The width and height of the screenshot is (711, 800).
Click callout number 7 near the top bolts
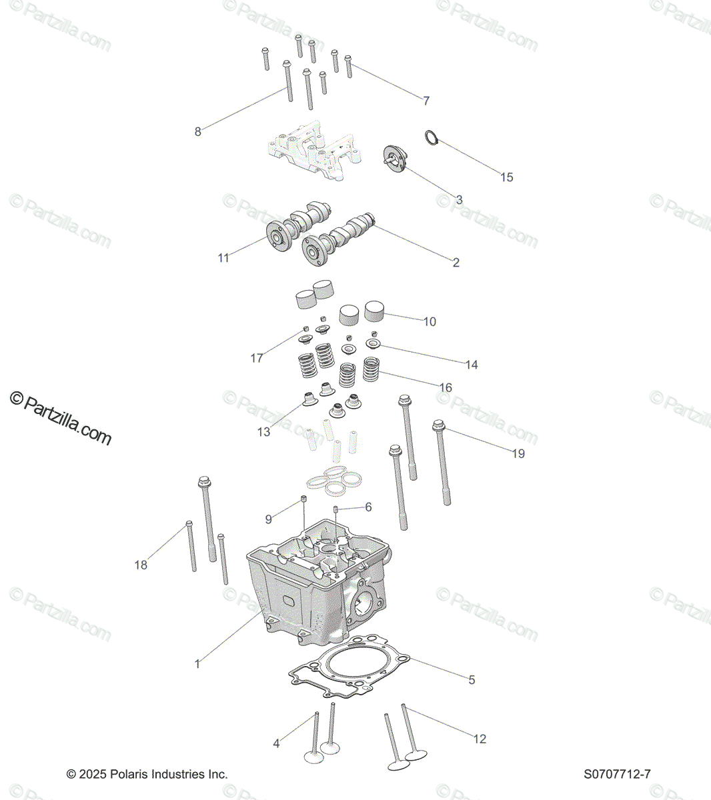426,101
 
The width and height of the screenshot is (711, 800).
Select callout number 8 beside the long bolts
197,131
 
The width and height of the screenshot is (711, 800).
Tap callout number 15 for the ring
507,177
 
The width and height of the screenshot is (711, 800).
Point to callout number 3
459,199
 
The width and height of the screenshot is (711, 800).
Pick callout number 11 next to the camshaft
223,257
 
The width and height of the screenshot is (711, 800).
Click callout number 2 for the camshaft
456,262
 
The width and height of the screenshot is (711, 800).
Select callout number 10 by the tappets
430,321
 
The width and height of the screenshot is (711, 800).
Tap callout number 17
257,358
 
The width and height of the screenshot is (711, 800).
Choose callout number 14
472,365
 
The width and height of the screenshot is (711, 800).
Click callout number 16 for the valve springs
446,387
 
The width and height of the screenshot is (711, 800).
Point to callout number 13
264,431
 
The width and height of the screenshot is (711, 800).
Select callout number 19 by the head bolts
518,453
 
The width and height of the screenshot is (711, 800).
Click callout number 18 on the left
141,565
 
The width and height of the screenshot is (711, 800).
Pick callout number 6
368,507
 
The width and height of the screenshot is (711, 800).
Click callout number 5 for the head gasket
472,680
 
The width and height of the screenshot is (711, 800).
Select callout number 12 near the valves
480,739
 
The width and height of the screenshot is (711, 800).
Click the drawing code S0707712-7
617,774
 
